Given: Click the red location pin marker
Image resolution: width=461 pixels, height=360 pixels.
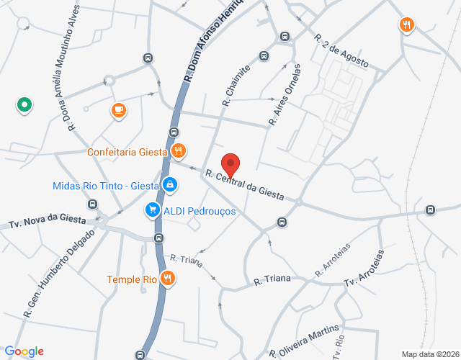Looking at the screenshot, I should [x=230, y=164].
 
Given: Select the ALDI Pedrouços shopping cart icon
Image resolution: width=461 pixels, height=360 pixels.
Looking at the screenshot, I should [x=152, y=210].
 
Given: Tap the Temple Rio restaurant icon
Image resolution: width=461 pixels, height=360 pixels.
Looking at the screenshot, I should [x=168, y=279].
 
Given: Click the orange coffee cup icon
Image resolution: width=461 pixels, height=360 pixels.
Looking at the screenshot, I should [x=118, y=110].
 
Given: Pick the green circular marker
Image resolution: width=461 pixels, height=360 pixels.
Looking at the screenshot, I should [x=24, y=106].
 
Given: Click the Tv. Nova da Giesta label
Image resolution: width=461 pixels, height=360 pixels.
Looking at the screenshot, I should [x=48, y=220].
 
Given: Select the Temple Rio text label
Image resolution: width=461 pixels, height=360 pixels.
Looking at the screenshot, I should [x=132, y=279].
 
